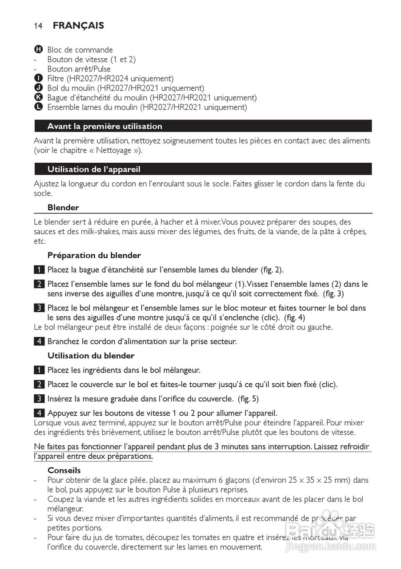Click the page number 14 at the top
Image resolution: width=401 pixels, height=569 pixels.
[38, 26]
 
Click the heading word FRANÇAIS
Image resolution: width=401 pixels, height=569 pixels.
[78, 26]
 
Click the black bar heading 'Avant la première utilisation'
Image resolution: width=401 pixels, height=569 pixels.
[105, 126]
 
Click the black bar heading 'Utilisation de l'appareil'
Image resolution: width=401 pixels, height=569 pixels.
[94, 169]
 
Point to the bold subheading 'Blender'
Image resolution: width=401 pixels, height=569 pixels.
[63, 208]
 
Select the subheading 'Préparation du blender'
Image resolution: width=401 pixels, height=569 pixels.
[94, 255]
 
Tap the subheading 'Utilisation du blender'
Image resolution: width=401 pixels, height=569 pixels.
[91, 356]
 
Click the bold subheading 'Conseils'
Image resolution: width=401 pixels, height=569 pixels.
[64, 470]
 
